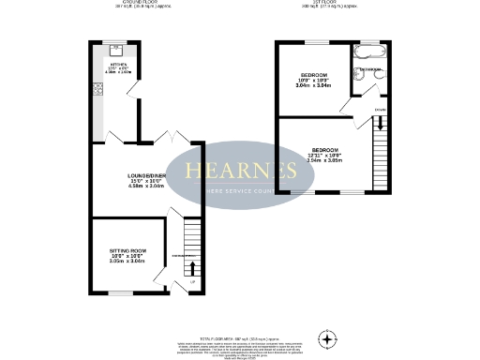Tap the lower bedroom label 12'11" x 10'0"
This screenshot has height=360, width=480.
click(325, 155)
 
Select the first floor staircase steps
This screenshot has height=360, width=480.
click(381, 146)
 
